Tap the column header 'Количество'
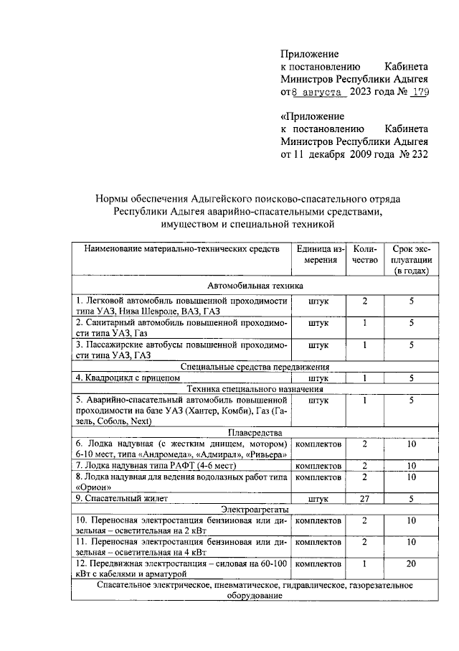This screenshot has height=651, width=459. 364,254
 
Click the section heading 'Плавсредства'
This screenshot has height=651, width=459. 248,433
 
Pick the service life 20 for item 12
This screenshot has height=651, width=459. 412,565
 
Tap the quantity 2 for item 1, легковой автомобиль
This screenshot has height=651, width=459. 364,301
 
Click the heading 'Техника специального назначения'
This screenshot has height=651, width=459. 248,388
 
